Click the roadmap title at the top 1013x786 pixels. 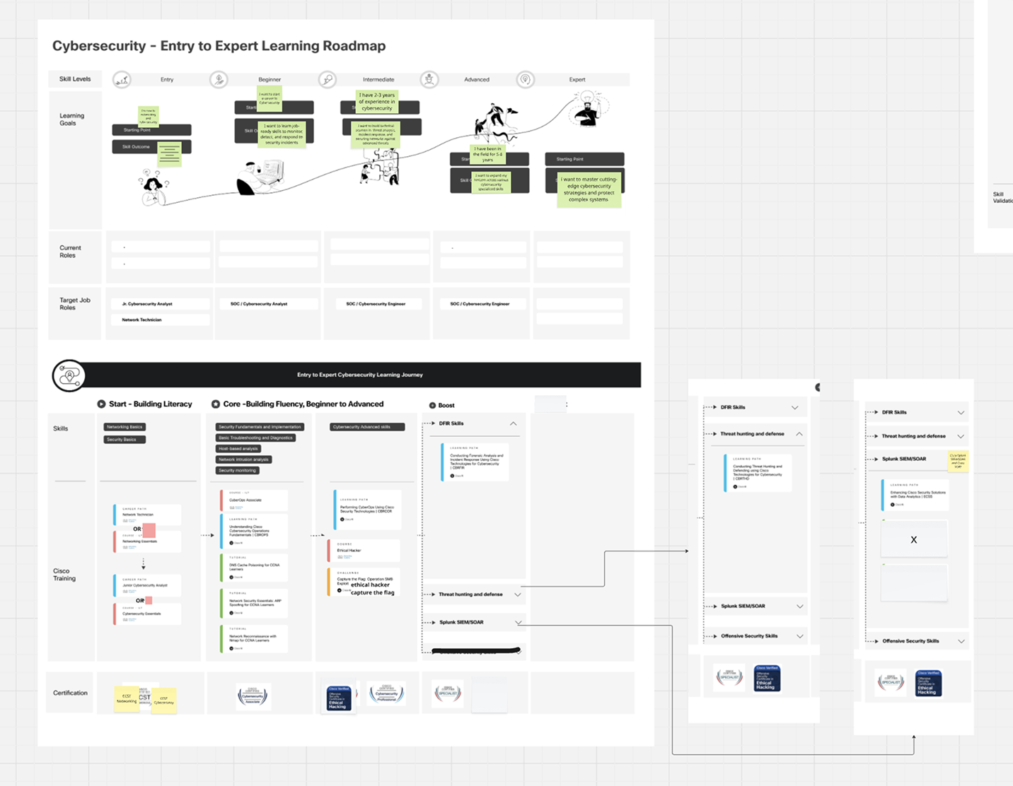(219, 46)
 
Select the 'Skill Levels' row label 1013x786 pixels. (75, 79)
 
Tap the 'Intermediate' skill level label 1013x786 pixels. (378, 80)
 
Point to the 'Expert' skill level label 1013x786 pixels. (577, 80)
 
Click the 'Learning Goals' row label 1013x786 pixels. (71, 119)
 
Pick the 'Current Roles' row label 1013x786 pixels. (70, 252)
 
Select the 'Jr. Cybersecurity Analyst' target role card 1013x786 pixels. (161, 304)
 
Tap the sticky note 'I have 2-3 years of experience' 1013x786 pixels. (377, 102)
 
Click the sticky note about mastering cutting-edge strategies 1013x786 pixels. (589, 189)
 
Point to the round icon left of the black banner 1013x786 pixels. (69, 375)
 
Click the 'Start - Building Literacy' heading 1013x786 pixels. (150, 404)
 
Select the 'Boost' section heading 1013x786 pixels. (446, 406)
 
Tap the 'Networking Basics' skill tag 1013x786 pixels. (125, 427)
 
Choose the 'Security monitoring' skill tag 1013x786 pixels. (238, 470)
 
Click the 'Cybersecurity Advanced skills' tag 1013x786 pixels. (367, 427)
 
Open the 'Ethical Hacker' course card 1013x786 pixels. (364, 551)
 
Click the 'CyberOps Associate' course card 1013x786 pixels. (254, 500)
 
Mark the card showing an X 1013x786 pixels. (913, 540)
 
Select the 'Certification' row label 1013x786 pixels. (71, 693)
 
